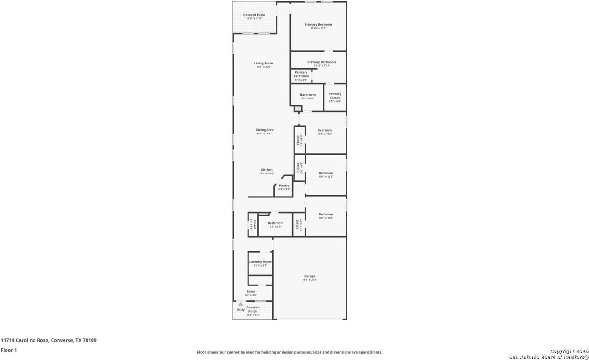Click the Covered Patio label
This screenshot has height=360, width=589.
click(254, 15)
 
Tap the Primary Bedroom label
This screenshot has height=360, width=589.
click(318, 24)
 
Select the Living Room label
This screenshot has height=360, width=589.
click(264, 63)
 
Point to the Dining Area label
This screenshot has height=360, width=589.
click(265, 130)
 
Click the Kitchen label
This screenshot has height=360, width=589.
click(266, 170)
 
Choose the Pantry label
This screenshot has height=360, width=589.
click(284, 186)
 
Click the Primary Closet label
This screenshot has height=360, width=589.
click(335, 96)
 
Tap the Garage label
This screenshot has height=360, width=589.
click(309, 276)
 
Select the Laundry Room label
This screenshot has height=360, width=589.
click(260, 262)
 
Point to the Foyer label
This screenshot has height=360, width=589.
click(251, 291)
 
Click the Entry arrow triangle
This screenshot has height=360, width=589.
click(240, 304)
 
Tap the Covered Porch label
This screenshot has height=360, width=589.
click(253, 309)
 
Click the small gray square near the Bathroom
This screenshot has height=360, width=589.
click(298, 109)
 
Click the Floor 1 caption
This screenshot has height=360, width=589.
click(9, 350)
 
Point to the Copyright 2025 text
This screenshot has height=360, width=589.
click(569, 351)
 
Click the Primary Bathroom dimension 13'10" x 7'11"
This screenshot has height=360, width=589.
click(322, 65)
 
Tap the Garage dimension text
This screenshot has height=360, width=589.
click(309, 280)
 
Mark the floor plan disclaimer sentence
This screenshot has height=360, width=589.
click(289, 352)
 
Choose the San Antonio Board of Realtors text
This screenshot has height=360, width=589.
click(549, 357)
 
